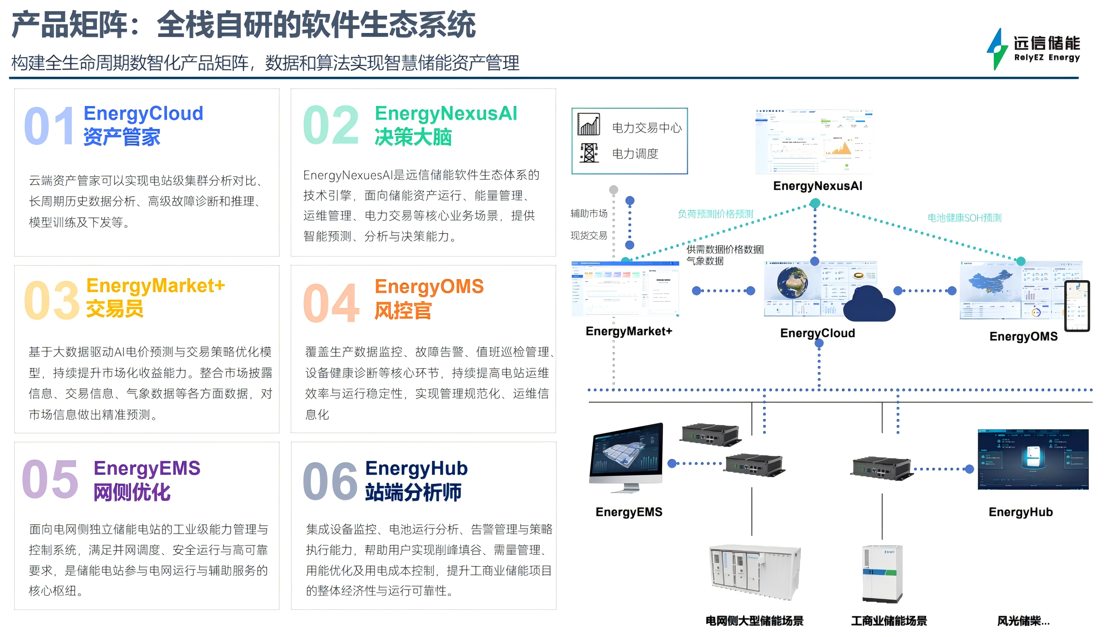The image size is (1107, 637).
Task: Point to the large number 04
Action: pos(331,303)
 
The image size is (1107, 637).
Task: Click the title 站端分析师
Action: pos(413,492)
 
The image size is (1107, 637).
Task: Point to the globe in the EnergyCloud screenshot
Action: pos(792,283)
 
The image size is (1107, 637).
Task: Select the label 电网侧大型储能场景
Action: pos(755,620)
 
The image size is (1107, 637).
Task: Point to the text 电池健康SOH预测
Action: pos(964,217)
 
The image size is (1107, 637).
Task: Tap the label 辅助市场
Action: pos(589,214)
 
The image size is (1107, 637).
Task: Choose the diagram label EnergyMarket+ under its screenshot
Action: pos(629,331)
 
